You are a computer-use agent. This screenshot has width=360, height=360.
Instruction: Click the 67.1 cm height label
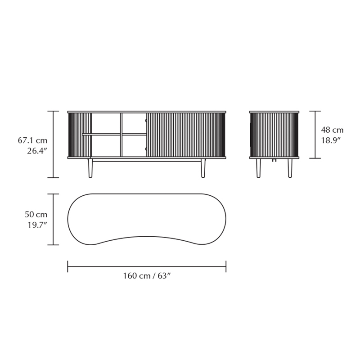[32, 141]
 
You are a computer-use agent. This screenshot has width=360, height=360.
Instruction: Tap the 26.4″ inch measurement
[37, 151]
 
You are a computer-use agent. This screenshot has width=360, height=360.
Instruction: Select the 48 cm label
[332, 130]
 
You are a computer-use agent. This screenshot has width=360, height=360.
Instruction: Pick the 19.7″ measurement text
[37, 225]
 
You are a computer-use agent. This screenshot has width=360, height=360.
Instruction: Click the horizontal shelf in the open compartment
[119, 134]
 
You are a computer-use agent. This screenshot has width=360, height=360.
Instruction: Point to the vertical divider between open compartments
[121, 135]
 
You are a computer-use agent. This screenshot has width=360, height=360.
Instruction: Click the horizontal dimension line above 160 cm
[147, 266]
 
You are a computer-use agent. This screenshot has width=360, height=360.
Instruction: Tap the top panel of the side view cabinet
[274, 112]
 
